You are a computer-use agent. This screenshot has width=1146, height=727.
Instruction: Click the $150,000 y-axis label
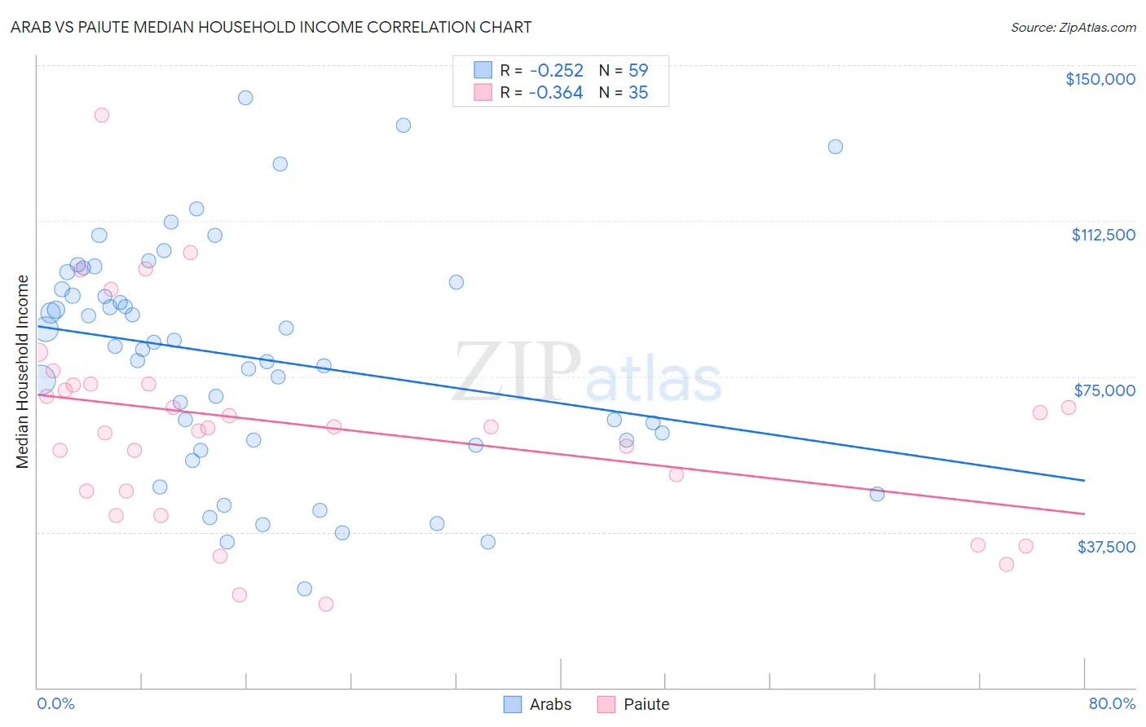(x=1100, y=79)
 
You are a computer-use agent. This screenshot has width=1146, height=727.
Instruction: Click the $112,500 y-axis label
(x=1103, y=235)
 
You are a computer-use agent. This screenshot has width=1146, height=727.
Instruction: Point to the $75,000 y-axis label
(x=1104, y=390)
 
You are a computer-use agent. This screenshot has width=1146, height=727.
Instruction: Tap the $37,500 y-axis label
(x=1106, y=547)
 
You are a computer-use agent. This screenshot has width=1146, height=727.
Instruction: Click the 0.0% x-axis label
(x=55, y=703)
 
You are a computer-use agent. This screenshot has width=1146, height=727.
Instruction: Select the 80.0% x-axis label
(x=1112, y=703)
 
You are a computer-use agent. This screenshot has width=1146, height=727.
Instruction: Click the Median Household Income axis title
(x=23, y=372)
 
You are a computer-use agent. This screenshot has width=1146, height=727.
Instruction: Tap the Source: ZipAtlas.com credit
(x=1073, y=28)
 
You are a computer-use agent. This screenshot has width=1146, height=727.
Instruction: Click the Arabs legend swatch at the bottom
(x=513, y=704)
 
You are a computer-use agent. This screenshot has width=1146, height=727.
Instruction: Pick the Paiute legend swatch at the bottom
(x=606, y=704)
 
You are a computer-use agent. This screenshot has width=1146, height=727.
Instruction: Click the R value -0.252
(x=556, y=70)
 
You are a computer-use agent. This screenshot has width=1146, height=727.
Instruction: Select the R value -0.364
(x=556, y=93)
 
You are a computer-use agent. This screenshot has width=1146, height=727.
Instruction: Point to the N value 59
(x=638, y=70)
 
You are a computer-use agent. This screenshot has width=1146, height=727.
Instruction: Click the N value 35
(x=638, y=93)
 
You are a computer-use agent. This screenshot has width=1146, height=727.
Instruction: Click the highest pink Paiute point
(x=102, y=115)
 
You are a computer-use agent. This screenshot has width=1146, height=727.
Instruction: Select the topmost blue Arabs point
(x=245, y=98)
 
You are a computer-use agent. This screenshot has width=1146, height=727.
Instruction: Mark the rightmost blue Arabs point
(x=877, y=494)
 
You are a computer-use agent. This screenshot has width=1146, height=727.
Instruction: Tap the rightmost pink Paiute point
(x=1069, y=408)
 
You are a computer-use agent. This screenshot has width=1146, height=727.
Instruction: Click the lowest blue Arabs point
(x=305, y=588)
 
